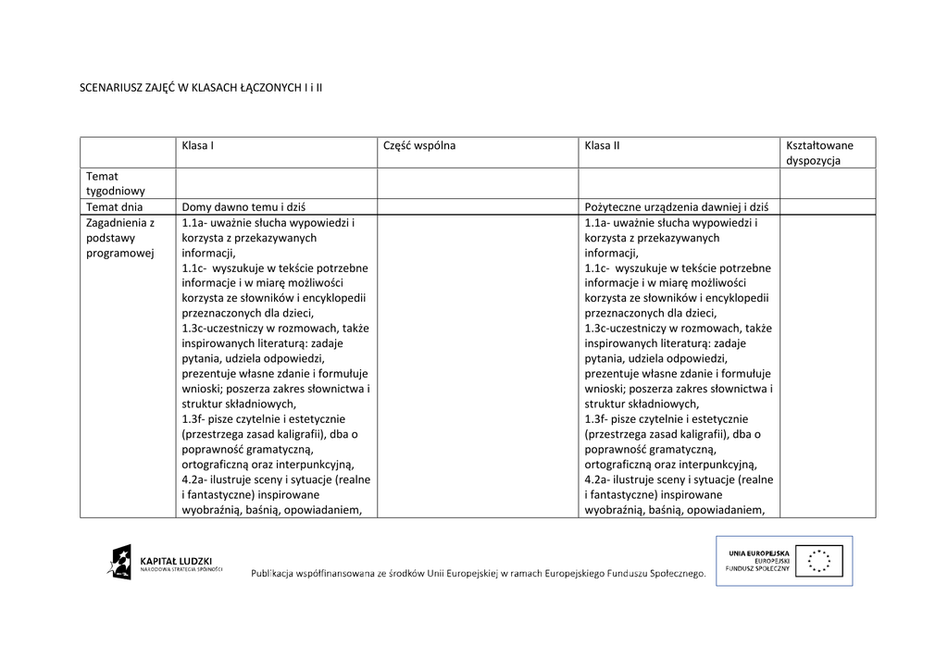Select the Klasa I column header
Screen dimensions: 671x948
point(198,145)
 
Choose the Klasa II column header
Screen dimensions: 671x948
point(603,145)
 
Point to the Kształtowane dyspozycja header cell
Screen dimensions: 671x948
point(819,153)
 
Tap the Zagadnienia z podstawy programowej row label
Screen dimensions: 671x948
point(120,238)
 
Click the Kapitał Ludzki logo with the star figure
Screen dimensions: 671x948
point(119,561)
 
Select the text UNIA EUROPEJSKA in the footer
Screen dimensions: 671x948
point(758,553)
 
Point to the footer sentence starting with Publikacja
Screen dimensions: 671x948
point(478,574)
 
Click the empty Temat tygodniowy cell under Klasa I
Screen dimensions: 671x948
point(276,183)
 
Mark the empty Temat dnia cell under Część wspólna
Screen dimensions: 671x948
point(477,207)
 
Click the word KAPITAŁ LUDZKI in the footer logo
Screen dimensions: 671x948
point(176,560)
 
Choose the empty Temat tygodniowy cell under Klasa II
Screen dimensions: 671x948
point(678,183)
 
